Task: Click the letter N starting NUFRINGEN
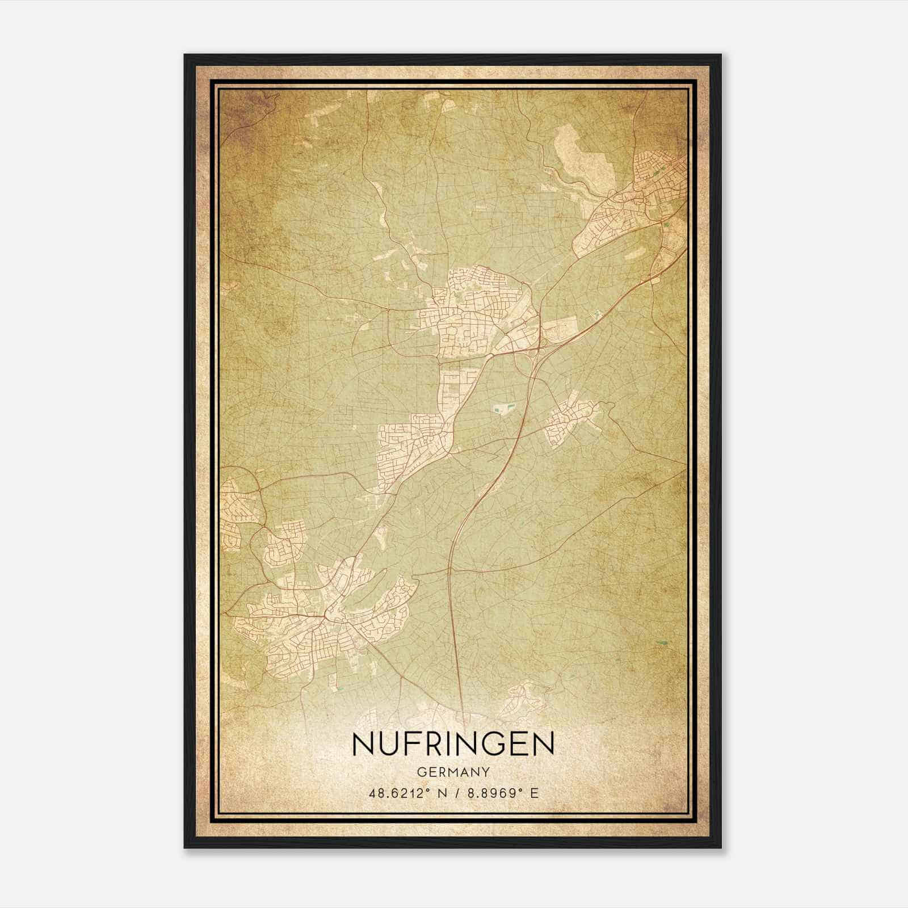[364, 744]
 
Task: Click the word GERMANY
[453, 772]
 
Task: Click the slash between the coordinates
[456, 793]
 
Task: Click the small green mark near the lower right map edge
[661, 642]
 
